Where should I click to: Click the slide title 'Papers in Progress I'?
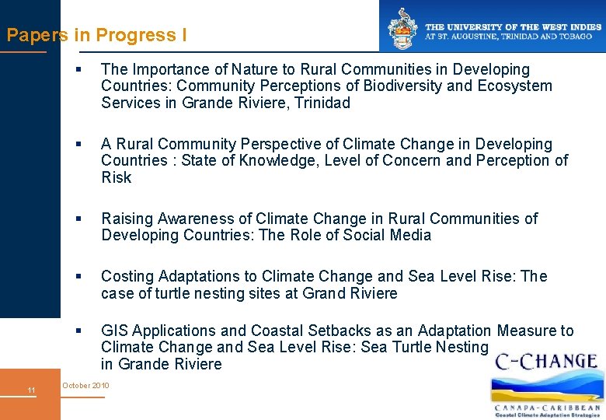96,35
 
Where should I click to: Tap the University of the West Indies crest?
404,30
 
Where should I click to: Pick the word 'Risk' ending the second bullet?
117,177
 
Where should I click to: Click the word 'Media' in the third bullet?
410,235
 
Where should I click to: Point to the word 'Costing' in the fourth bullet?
127,276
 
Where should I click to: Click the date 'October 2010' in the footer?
85,386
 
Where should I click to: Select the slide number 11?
30,390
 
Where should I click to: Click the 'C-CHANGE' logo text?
547,362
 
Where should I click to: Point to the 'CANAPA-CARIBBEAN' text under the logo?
547,407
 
